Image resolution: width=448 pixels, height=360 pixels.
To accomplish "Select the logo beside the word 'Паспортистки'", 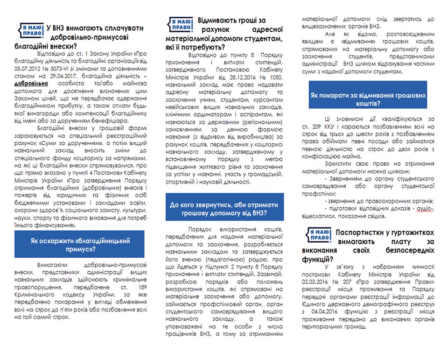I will (x=319, y=235).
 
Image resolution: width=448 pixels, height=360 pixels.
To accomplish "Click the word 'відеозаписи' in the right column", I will (x=324, y=218).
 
